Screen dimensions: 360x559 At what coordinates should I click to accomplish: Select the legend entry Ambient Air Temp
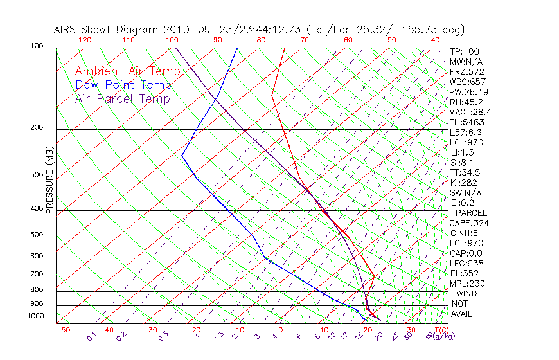click(127, 71)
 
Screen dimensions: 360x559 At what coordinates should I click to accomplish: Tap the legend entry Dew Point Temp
click(123, 85)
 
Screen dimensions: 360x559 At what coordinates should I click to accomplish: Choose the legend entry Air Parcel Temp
click(122, 98)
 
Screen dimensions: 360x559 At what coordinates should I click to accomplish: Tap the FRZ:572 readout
click(466, 71)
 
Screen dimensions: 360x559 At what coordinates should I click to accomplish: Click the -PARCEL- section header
click(471, 213)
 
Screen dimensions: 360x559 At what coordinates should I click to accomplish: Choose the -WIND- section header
click(466, 293)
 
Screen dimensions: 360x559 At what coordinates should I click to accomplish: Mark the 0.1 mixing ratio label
click(92, 336)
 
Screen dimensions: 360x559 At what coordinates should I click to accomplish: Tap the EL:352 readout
click(465, 273)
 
